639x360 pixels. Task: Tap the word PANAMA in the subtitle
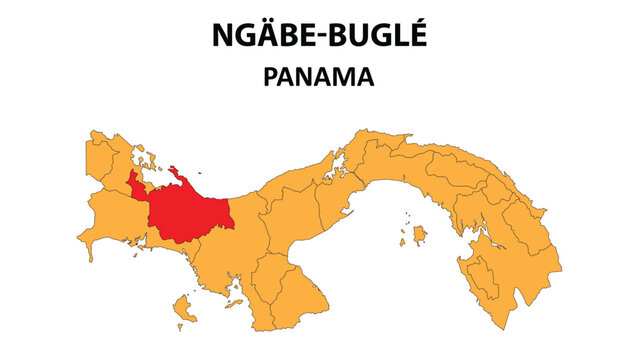pyautogui.click(x=319, y=78)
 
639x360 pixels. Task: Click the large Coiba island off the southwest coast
pyautogui.click(x=184, y=304)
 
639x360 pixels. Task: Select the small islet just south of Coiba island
pyautogui.click(x=180, y=326)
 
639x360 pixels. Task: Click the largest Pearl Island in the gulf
pyautogui.click(x=419, y=235)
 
